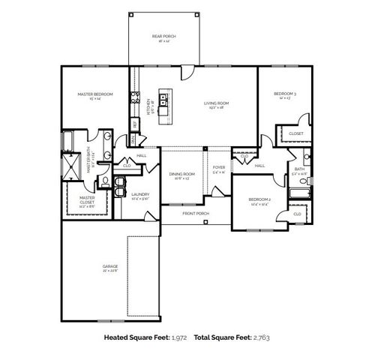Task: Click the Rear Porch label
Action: pyautogui.click(x=158, y=36)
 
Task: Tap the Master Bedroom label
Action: pyautogui.click(x=95, y=94)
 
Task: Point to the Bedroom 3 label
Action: pyautogui.click(x=284, y=94)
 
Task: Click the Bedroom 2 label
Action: pyautogui.click(x=259, y=200)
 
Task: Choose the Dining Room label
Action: pyautogui.click(x=181, y=175)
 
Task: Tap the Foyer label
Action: pyautogui.click(x=218, y=168)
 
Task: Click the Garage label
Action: pyautogui.click(x=110, y=267)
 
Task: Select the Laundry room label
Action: pyautogui.click(x=140, y=195)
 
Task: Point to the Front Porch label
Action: pyautogui.click(x=196, y=214)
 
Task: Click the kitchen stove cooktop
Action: pyautogui.click(x=135, y=96)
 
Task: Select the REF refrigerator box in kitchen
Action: pyautogui.click(x=135, y=124)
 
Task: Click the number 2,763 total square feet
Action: pyautogui.click(x=260, y=339)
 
